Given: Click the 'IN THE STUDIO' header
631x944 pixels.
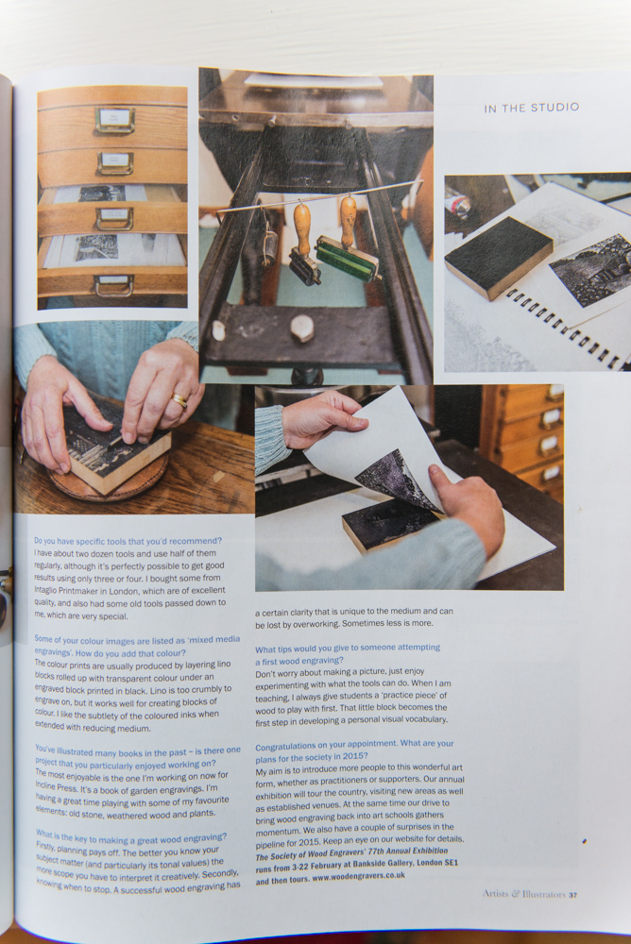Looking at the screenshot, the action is tap(531, 108).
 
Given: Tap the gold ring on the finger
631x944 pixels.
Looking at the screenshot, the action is tap(179, 399).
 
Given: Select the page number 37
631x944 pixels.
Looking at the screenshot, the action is tap(572, 895).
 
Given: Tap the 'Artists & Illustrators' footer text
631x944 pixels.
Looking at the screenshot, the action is tap(523, 894).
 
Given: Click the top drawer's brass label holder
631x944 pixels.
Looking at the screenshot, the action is tap(114, 119).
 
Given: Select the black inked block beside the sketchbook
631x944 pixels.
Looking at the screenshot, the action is tap(498, 257).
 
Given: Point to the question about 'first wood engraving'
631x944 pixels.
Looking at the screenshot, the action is tap(347, 654).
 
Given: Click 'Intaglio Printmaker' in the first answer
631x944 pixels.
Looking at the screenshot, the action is tap(70, 591).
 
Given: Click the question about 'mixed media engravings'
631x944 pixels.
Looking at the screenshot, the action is tap(137, 646).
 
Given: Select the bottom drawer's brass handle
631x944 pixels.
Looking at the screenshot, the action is tap(113, 286).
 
